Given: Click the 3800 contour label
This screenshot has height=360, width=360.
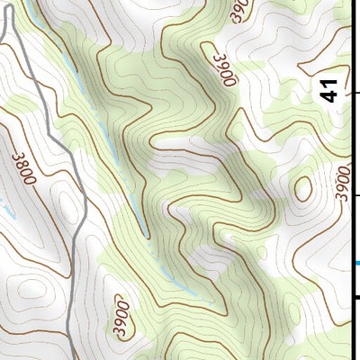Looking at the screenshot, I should tap(24, 167).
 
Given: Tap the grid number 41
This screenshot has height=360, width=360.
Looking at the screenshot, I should tap(330, 90).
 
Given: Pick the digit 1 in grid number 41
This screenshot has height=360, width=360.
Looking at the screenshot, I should tap(330, 84).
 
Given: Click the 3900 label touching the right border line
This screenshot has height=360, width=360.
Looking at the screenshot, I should tap(341, 183).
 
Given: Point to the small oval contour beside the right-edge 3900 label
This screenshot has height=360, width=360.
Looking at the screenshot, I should tap(303, 188).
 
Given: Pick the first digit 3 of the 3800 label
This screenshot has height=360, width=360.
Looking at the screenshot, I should tap(17, 154).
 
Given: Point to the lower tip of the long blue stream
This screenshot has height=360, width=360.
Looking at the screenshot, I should tap(146, 237).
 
